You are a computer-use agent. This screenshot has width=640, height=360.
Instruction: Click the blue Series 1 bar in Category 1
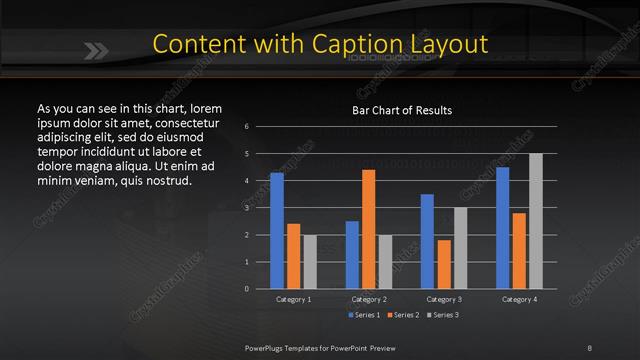pos(277,231)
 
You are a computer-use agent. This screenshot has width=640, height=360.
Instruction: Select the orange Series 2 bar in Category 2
pos(369,229)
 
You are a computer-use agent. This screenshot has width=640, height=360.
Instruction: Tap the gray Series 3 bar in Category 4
pos(536,221)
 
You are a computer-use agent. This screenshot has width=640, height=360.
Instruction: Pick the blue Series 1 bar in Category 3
pos(427,241)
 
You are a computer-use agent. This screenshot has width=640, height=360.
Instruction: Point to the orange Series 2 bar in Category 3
pos(444,264)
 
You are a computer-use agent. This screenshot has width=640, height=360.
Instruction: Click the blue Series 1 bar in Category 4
pos(502,228)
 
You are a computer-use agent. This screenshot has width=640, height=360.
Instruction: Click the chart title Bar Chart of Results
pos(401,110)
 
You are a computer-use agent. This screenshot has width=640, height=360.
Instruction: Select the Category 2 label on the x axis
pos(368,299)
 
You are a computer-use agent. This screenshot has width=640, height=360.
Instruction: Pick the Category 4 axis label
pos(519,299)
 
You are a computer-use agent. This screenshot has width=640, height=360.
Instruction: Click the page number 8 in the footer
pos(589,347)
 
